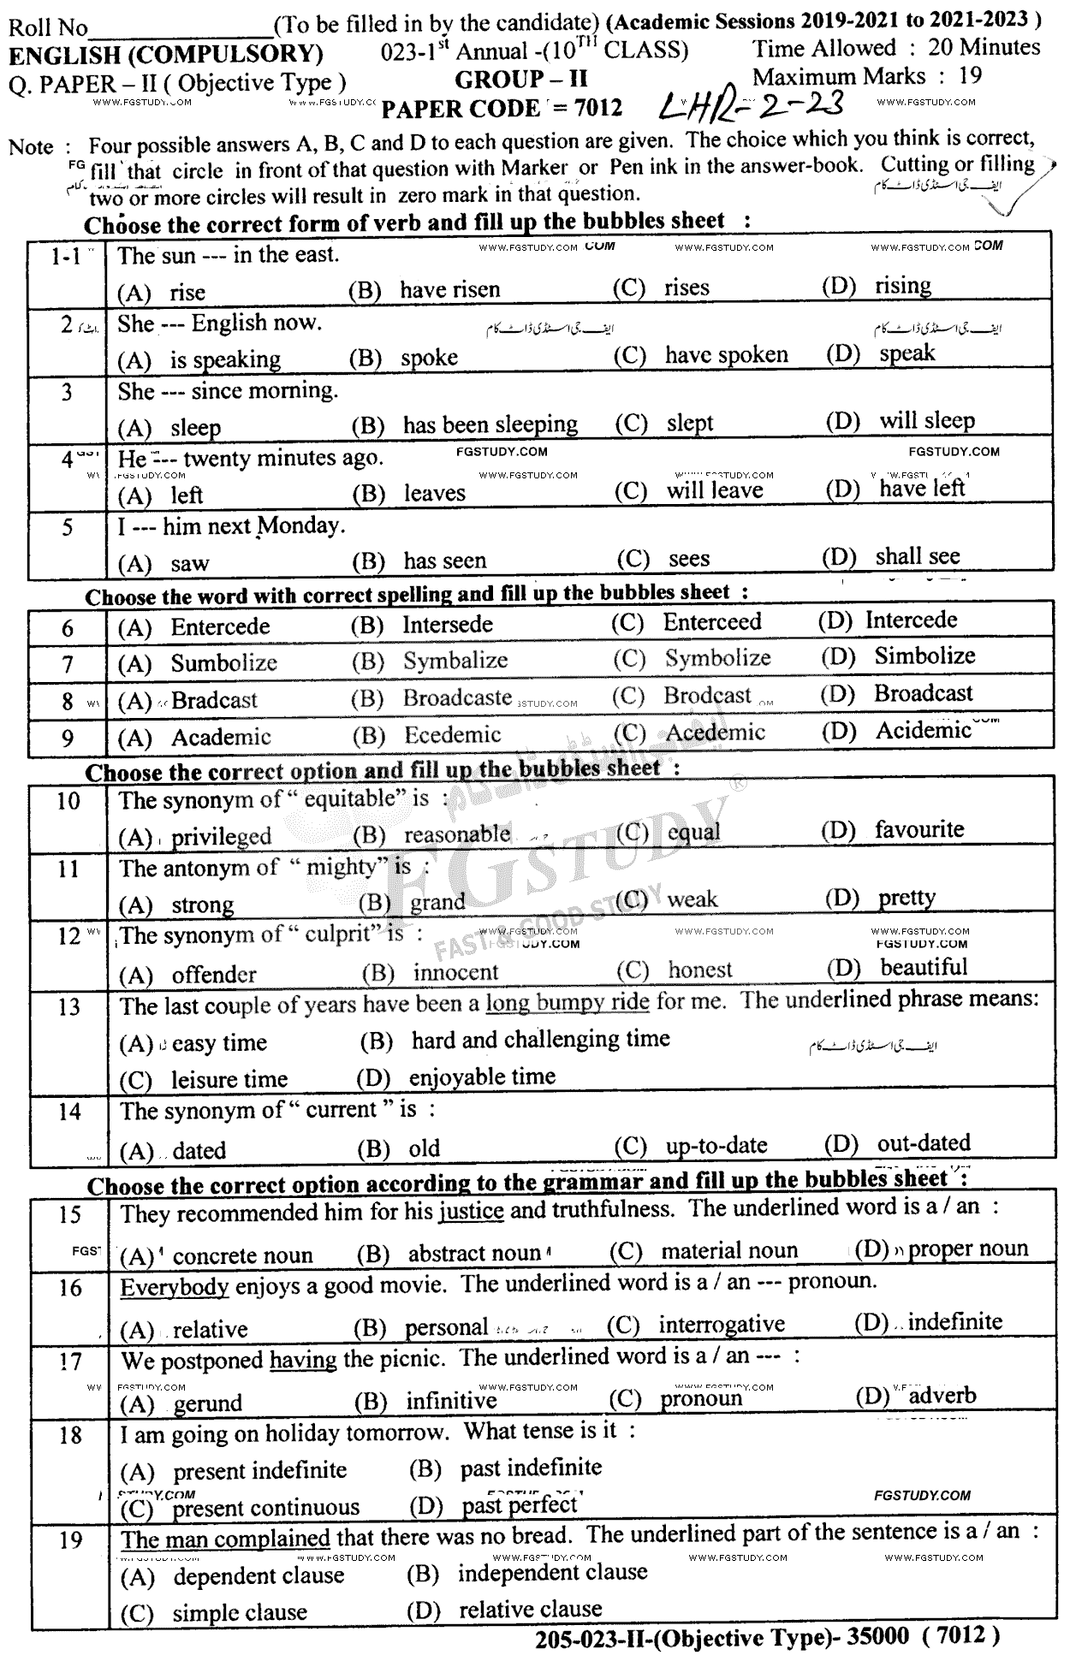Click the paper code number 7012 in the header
click(x=599, y=109)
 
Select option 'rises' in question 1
click(x=687, y=288)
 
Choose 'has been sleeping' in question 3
click(x=490, y=424)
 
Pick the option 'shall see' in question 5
click(x=917, y=557)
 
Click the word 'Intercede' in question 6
click(x=911, y=620)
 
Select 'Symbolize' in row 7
click(x=717, y=658)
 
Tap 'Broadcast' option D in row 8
click(x=923, y=693)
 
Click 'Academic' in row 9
click(x=221, y=737)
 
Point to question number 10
click(x=68, y=802)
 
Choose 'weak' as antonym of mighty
click(x=692, y=899)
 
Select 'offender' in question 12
click(x=214, y=975)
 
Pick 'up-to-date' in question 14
click(x=716, y=1146)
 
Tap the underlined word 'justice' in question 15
click(x=471, y=1211)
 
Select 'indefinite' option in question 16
click(x=954, y=1322)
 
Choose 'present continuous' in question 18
click(x=265, y=1508)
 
